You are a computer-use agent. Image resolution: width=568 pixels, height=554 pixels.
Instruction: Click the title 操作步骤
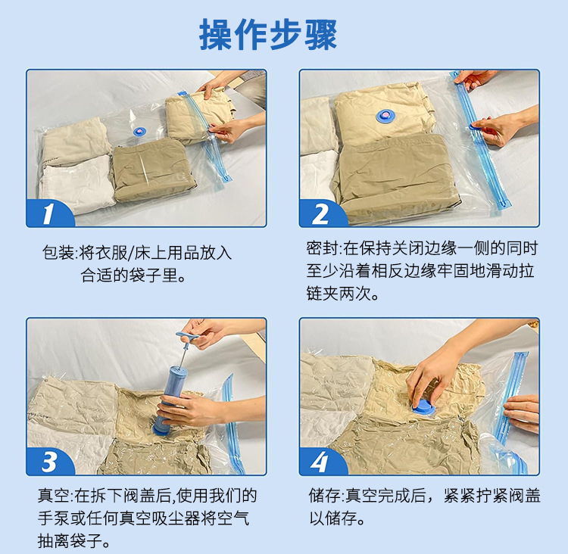coord(268,35)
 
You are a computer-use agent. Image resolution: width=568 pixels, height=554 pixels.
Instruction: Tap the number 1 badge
coord(48,213)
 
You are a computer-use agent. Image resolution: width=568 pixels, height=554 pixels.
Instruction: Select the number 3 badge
coord(49,462)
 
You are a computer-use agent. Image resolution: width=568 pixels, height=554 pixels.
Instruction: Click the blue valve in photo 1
coord(139,131)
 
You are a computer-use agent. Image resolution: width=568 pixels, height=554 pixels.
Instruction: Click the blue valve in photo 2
coord(386,117)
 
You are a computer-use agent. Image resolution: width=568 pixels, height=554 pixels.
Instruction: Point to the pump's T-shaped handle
coord(187,336)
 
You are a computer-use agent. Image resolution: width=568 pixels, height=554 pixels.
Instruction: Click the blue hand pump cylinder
coord(166,400)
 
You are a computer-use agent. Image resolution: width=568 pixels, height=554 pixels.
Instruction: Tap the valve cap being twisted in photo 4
coord(424,408)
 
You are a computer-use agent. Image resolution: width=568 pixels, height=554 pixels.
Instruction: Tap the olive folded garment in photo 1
coord(152,170)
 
